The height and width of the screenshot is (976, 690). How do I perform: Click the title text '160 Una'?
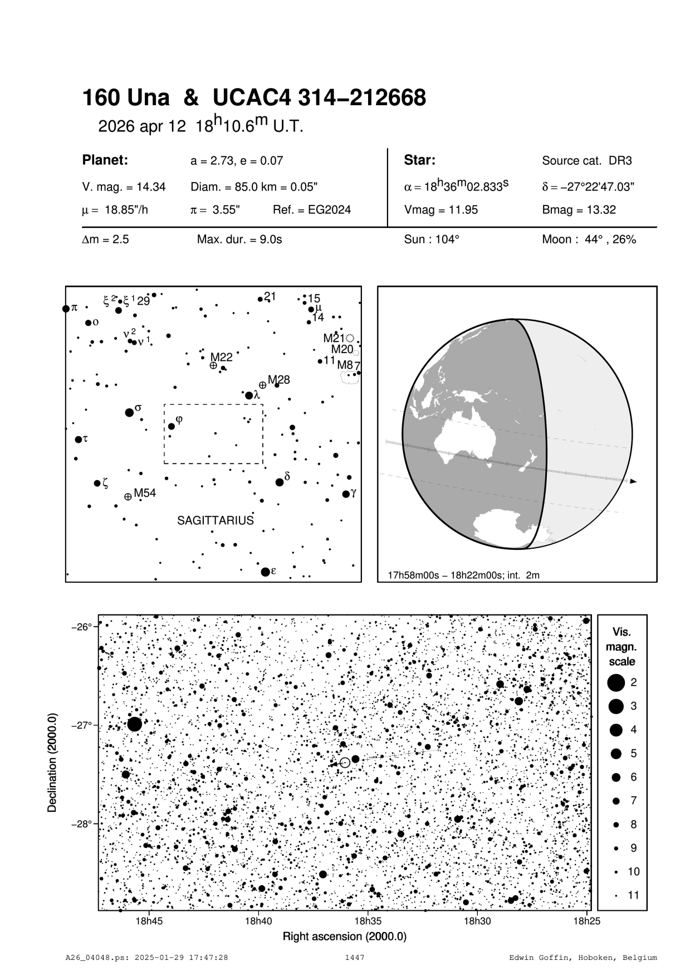[126, 98]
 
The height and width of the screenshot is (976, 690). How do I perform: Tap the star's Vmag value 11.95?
[441, 210]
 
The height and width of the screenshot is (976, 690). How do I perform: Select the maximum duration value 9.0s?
[239, 240]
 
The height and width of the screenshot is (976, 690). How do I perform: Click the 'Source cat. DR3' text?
[587, 161]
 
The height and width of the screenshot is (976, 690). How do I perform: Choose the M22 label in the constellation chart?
[221, 358]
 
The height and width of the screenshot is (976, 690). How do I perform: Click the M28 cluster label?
[279, 380]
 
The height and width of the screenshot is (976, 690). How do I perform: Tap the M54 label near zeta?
[145, 493]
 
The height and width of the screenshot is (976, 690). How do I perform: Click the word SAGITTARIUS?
[215, 520]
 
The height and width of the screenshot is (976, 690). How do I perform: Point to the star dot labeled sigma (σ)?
[129, 412]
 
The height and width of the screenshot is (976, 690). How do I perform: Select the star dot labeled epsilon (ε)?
[265, 572]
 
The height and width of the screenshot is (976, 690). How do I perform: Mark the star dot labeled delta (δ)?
[280, 482]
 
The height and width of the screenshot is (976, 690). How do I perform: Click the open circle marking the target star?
[345, 763]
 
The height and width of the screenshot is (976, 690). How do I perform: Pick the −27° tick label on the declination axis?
[81, 725]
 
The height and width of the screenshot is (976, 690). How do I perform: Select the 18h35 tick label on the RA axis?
[368, 921]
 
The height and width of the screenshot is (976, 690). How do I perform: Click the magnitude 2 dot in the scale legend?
[616, 682]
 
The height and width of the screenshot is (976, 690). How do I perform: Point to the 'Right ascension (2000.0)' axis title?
[345, 936]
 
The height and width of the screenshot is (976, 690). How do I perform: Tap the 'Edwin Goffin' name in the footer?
[533, 958]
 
